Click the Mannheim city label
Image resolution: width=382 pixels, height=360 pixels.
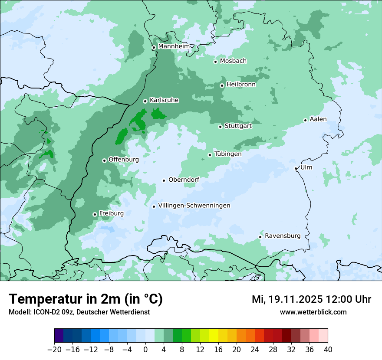coord(174,46)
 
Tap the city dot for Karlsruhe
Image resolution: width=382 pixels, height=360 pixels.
coord(145,101)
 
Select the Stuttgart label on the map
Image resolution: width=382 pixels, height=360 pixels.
coord(238,126)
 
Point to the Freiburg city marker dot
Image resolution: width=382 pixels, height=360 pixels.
coord(95,214)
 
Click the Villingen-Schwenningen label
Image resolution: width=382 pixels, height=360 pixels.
coord(194,206)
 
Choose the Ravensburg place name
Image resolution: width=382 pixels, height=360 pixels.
coord(283,236)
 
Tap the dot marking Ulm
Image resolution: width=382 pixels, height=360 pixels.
coord(296,168)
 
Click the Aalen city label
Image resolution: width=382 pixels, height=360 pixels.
coord(318,119)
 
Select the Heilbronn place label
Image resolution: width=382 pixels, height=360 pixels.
coord(241,85)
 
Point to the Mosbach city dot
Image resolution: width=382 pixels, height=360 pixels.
coord(215,62)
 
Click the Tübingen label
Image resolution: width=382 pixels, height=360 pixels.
coord(228,154)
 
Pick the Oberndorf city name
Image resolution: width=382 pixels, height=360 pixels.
coord(184,180)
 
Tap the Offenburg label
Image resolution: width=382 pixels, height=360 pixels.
coord(124,160)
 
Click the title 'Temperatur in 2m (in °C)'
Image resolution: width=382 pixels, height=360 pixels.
coord(86,299)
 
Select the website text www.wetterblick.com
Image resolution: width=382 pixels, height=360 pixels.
coord(313,312)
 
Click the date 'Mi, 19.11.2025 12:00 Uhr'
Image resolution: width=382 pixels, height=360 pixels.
coord(311,299)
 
